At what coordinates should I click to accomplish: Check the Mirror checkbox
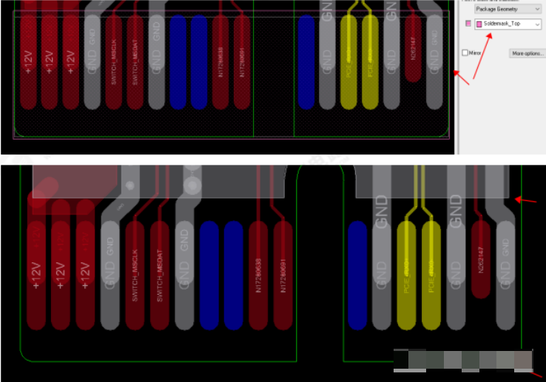pos(465,53)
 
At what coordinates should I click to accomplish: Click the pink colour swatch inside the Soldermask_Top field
pos(479,24)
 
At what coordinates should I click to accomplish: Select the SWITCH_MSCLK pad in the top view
pos(114,62)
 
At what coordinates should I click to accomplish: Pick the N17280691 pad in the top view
pos(242,62)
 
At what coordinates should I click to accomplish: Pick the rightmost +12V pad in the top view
pos(70,62)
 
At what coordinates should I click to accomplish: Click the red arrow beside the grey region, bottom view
pos(527,199)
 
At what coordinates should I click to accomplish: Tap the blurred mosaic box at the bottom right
pos(463,360)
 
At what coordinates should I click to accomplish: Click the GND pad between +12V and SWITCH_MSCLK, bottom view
pos(109,270)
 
